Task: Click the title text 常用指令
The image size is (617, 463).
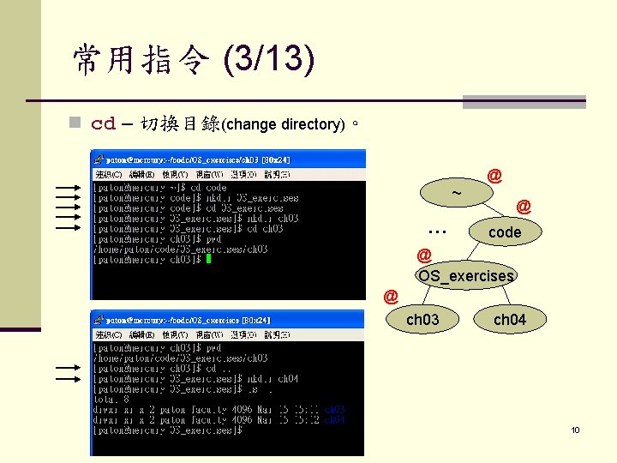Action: pyautogui.click(x=140, y=59)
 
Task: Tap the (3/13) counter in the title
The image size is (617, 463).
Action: pyautogui.click(x=267, y=59)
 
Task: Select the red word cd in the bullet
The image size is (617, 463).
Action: pyautogui.click(x=103, y=123)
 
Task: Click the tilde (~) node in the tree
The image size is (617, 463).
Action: pyautogui.click(x=457, y=192)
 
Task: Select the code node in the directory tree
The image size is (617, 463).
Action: pyautogui.click(x=504, y=232)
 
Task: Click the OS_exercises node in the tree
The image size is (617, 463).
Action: pyautogui.click(x=465, y=276)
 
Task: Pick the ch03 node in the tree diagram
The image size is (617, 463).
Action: pyautogui.click(x=422, y=320)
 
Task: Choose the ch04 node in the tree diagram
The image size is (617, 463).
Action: pyautogui.click(x=510, y=320)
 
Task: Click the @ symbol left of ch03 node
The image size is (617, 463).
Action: pyautogui.click(x=391, y=297)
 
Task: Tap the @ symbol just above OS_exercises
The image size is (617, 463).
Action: pyautogui.click(x=423, y=255)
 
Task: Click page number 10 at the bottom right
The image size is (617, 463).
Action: pyautogui.click(x=576, y=430)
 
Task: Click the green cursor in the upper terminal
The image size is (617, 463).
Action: pyautogui.click(x=207, y=259)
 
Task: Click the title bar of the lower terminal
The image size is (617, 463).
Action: pyautogui.click(x=228, y=319)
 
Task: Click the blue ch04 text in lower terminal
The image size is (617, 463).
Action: pyautogui.click(x=335, y=420)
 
